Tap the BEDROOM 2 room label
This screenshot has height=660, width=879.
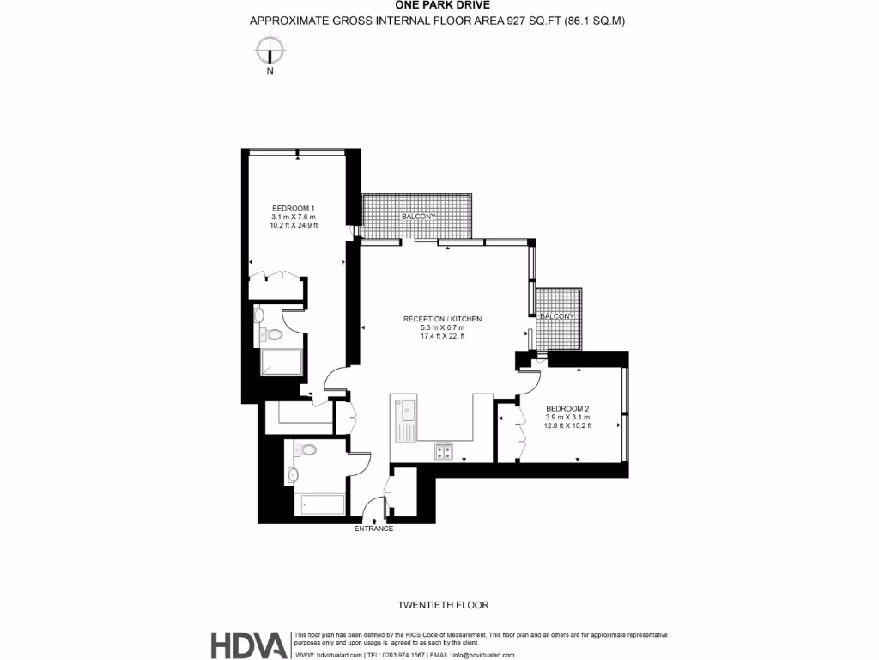pyautogui.click(x=568, y=409)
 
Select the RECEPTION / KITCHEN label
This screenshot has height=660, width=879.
pyautogui.click(x=442, y=319)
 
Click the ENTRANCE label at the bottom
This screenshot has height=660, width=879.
pyautogui.click(x=373, y=529)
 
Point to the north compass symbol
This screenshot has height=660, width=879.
pyautogui.click(x=270, y=52)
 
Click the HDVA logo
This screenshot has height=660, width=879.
pyautogui.click(x=248, y=645)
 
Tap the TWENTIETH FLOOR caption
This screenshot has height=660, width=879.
pyautogui.click(x=444, y=605)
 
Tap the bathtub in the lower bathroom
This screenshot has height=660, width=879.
pyautogui.click(x=319, y=504)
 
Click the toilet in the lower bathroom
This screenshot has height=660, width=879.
pyautogui.click(x=306, y=449)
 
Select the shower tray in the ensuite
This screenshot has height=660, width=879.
pyautogui.click(x=280, y=364)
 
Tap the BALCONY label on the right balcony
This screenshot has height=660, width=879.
pyautogui.click(x=558, y=316)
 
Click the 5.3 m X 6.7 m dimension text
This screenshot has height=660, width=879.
pyautogui.click(x=442, y=327)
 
